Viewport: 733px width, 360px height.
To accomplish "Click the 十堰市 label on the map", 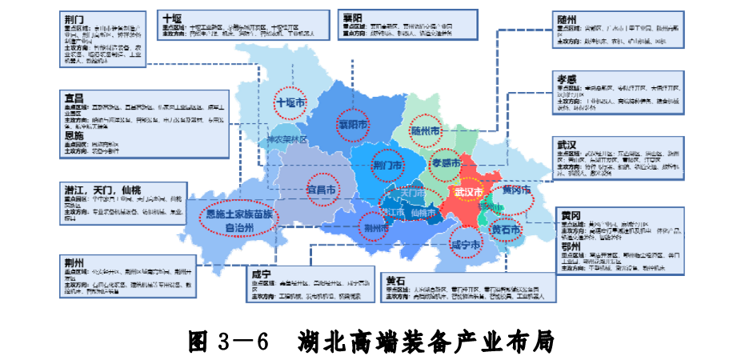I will [290, 103].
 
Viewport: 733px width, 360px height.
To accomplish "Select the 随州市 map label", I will [426, 130].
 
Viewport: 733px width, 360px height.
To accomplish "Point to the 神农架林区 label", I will [288, 138].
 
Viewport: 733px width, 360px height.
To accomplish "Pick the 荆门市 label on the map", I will [388, 166].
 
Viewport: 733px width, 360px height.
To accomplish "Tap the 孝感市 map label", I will [446, 162].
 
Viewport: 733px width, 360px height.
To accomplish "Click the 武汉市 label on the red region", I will [468, 193].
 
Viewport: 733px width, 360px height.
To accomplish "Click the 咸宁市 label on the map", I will [465, 245].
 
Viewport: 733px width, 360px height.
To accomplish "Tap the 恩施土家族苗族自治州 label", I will [239, 221].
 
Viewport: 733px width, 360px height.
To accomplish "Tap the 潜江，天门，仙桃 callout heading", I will [102, 190].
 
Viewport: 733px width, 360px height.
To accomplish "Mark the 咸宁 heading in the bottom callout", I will [262, 273].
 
